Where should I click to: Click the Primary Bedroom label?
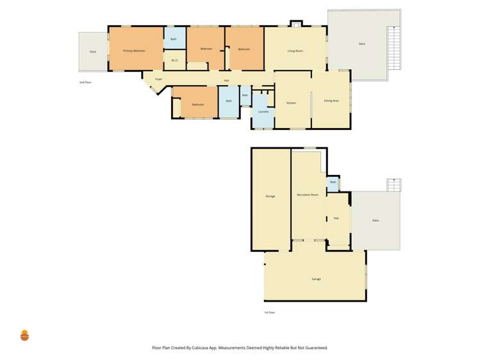pyautogui.click(x=135, y=51)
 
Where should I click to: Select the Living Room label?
pyautogui.click(x=295, y=50)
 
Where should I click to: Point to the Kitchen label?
pyautogui.click(x=291, y=102)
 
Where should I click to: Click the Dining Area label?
pyautogui.click(x=331, y=101)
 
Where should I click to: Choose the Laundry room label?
pyautogui.click(x=263, y=111)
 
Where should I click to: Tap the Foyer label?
pyautogui.click(x=158, y=79)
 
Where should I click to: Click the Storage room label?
pyautogui.click(x=270, y=196)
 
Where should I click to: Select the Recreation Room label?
pyautogui.click(x=308, y=194)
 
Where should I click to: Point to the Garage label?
pyautogui.click(x=316, y=279)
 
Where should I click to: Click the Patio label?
pyautogui.click(x=376, y=220)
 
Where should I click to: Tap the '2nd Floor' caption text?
pyautogui.click(x=85, y=83)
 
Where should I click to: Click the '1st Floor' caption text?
pyautogui.click(x=270, y=313)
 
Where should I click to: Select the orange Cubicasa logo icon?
pyautogui.click(x=24, y=335)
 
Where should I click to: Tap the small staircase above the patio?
pyautogui.click(x=393, y=184)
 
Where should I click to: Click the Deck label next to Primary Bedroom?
pyautogui.click(x=93, y=52)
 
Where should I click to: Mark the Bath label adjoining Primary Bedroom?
pyautogui.click(x=173, y=39)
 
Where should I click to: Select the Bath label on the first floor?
pyautogui.click(x=333, y=183)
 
